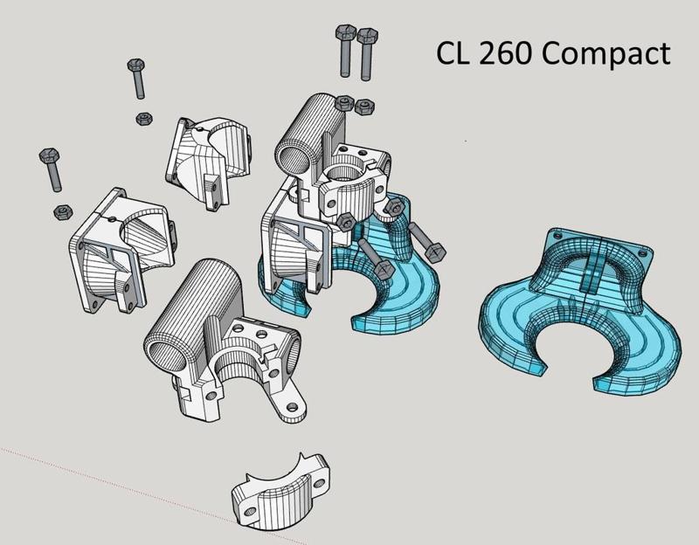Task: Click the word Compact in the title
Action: pos(606,53)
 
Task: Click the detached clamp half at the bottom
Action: pos(280,493)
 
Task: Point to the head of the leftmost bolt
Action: pos(47,159)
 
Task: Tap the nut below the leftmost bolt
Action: pos(62,210)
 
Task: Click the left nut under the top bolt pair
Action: pos(344,102)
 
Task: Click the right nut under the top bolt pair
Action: pos(363,105)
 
